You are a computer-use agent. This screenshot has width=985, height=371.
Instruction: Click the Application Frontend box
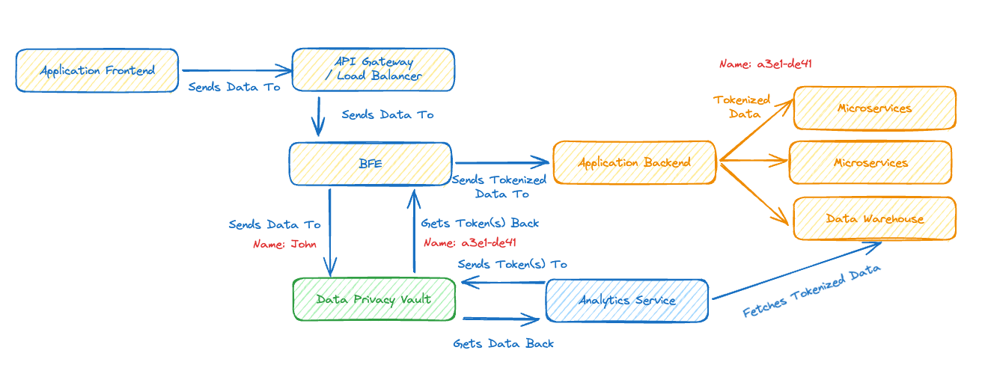pyautogui.click(x=97, y=71)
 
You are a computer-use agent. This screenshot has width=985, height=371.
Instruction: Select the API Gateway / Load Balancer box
pyautogui.click(x=373, y=70)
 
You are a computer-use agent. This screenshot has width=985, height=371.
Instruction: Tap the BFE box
pyautogui.click(x=370, y=163)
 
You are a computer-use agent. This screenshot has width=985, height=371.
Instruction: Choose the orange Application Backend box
pyautogui.click(x=634, y=162)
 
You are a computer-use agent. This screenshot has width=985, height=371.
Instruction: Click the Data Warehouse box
pyautogui.click(x=874, y=218)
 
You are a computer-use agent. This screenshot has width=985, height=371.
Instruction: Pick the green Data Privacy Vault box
pyautogui.click(x=373, y=299)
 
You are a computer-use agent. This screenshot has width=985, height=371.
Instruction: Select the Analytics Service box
pyautogui.click(x=627, y=301)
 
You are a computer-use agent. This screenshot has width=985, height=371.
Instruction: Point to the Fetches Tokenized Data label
pyautogui.click(x=811, y=291)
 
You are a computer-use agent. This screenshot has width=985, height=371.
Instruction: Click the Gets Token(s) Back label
pyautogui.click(x=480, y=223)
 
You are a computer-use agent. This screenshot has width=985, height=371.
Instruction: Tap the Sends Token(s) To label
pyautogui.click(x=512, y=264)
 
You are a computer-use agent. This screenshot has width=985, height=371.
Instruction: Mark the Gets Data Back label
pyautogui.click(x=504, y=343)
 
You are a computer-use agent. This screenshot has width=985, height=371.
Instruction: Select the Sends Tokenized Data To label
pyautogui.click(x=499, y=187)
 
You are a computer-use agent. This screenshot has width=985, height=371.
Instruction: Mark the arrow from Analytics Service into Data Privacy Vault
pyautogui.click(x=503, y=283)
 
